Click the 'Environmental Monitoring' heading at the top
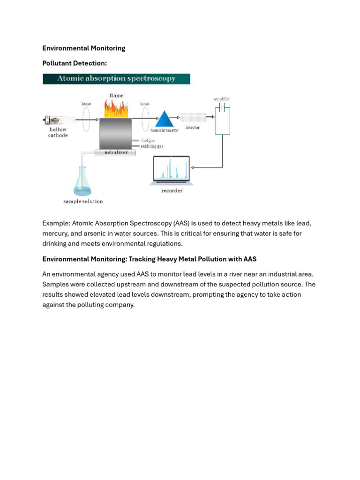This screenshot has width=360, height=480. (83, 48)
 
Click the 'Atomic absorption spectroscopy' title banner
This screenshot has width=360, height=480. (116, 79)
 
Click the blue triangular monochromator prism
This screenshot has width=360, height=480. (164, 119)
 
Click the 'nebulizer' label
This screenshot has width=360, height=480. (116, 152)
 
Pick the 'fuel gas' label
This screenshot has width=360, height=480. (148, 140)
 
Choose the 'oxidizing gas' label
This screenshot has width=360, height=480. (152, 146)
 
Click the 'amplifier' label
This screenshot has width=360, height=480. (222, 99)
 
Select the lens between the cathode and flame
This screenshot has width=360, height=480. (86, 120)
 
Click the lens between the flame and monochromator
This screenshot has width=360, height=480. (145, 120)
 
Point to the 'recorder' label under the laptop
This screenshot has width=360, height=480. (172, 191)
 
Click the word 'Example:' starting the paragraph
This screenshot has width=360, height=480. (56, 223)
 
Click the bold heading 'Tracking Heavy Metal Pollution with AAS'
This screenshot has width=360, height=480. (192, 259)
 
